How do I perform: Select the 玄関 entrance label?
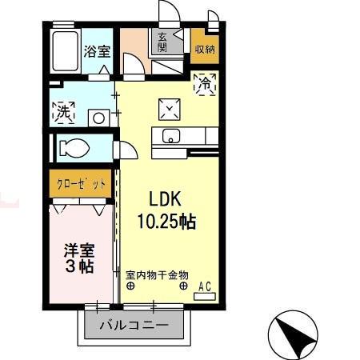pyautogui.click(x=162, y=42)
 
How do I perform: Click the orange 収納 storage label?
pyautogui.click(x=204, y=48)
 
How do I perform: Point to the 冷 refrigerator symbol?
pyautogui.click(x=204, y=82)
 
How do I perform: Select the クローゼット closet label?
pyautogui.click(x=81, y=184)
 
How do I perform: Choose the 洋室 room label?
pyautogui.click(x=79, y=250)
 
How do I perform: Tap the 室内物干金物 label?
pyautogui.click(x=156, y=274)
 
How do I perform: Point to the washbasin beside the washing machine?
pyautogui.click(x=98, y=117)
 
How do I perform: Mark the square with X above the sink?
pyautogui.click(x=170, y=107)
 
